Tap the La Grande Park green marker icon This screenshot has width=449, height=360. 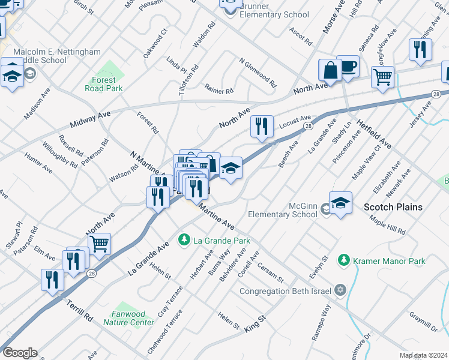184,241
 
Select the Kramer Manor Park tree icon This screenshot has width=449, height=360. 343,260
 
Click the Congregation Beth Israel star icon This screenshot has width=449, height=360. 340,291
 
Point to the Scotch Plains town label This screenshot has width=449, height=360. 393,207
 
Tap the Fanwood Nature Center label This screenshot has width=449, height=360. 128,318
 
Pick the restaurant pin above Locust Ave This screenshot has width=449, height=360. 261,127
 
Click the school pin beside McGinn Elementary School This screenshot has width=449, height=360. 340,203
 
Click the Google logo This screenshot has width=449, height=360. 19,352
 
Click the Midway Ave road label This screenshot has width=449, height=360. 91,118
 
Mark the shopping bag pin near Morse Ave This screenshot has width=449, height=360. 330,71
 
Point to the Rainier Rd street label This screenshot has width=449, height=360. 218,90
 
